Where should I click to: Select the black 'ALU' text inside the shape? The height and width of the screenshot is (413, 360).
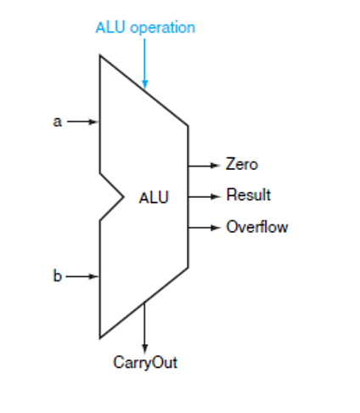coord(154,198)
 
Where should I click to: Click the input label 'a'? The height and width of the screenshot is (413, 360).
coord(58,122)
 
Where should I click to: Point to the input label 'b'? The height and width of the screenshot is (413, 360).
coord(58,276)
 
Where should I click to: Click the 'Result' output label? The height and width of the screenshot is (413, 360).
coord(248,195)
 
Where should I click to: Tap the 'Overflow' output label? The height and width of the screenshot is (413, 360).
coord(256,227)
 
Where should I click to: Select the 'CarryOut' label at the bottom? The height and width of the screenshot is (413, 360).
coord(145,363)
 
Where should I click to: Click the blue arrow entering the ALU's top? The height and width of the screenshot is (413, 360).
coord(145,64)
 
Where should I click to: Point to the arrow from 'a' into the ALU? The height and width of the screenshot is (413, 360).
coord(83,122)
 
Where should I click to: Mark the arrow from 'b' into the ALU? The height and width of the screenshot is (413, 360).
coord(83,276)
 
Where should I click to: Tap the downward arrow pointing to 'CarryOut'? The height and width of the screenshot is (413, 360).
coord(145,327)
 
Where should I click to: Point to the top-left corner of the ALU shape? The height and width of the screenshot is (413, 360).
coord(100,57)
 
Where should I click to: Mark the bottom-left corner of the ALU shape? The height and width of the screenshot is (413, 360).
coord(100,337)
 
